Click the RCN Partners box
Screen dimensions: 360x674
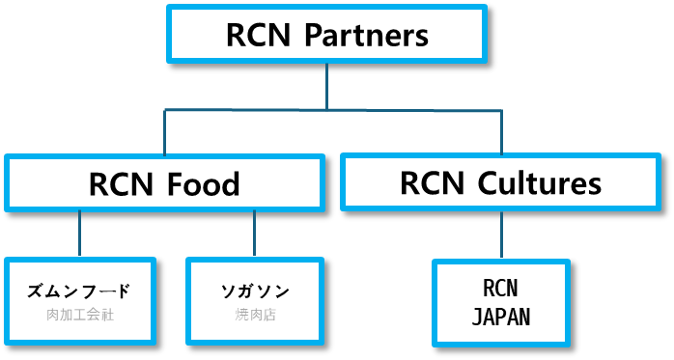click(326, 35)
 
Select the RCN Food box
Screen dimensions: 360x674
click(163, 182)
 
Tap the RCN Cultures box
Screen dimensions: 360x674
click(500, 182)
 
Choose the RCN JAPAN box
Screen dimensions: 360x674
click(500, 301)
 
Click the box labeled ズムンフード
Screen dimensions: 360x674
click(79, 300)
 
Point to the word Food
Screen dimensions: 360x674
click(203, 183)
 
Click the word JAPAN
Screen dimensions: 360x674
click(500, 317)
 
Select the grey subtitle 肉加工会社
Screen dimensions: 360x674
click(79, 315)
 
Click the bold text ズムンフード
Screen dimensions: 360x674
click(79, 291)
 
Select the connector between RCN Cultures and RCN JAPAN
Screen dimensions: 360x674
click(501, 235)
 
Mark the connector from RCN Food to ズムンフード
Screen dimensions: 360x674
click(79, 234)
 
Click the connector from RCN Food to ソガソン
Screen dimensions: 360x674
click(255, 234)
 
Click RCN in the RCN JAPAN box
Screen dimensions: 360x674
click(500, 289)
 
